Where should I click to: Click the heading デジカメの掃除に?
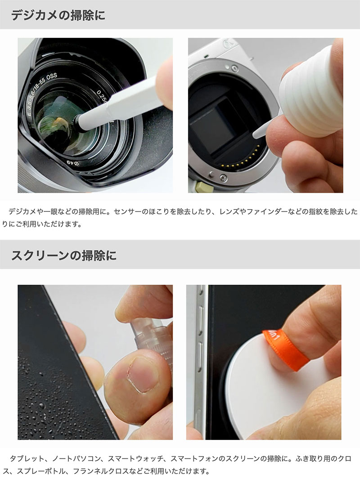58,15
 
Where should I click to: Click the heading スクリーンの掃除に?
64,255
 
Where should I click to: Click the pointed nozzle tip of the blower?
254,136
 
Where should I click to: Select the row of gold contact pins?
242,158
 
